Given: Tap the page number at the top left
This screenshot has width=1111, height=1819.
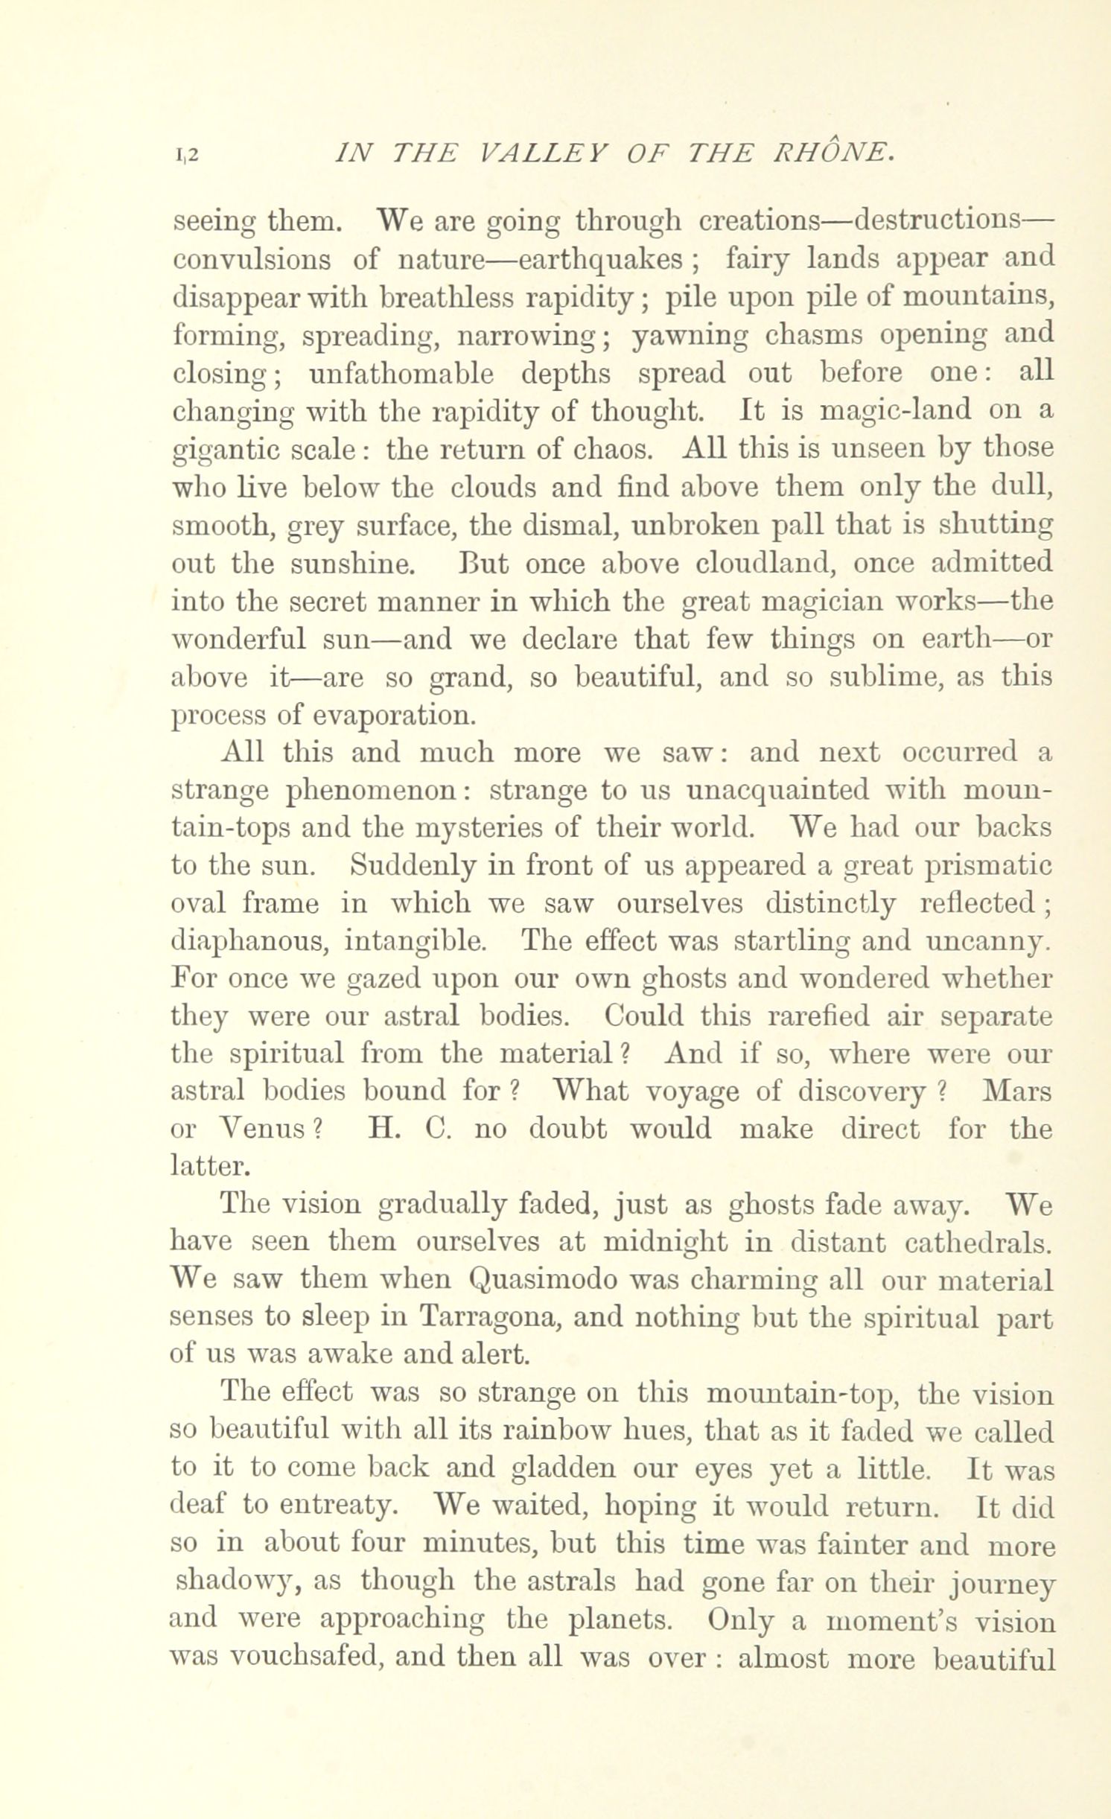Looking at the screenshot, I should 186,154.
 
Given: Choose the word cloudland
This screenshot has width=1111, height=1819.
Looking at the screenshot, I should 764,563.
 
